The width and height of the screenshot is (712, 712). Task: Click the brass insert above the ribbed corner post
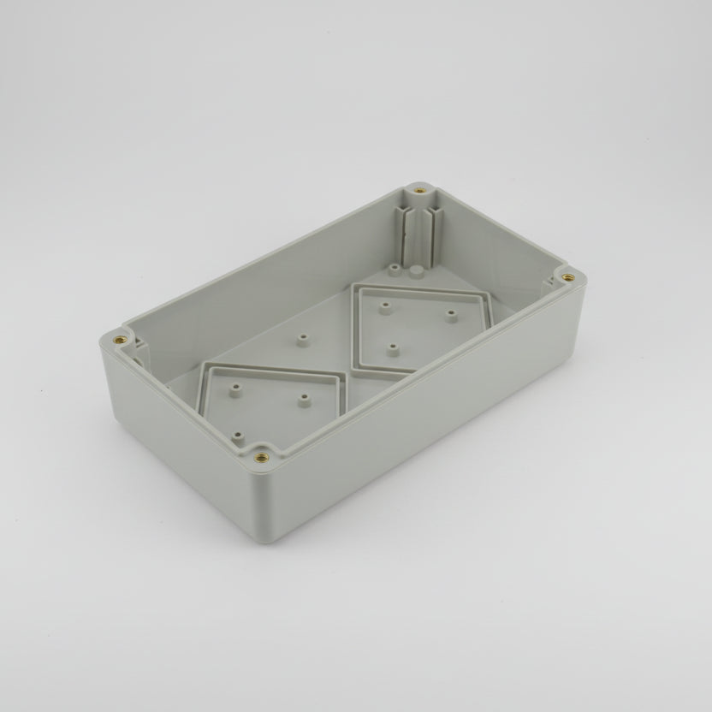pos(418,188)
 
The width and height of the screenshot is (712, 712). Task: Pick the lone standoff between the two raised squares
pos(302,339)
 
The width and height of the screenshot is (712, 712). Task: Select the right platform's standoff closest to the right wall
pos(451,313)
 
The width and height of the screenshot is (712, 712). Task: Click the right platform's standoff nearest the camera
pos(392,347)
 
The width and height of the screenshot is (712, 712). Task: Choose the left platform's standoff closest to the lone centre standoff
pos(303,398)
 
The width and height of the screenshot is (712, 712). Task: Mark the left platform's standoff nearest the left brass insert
pos(234,387)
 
